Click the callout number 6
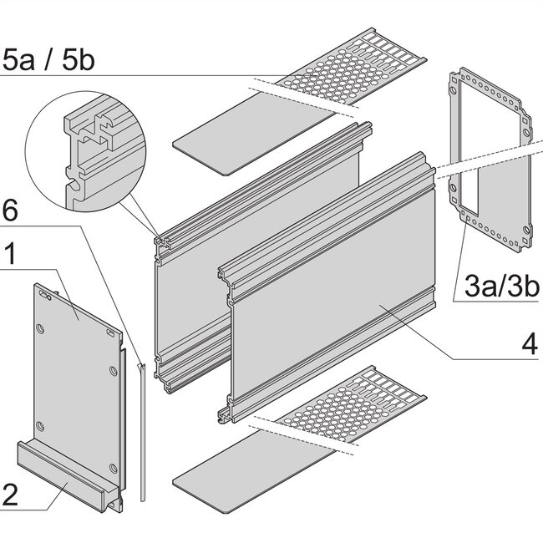[13, 212]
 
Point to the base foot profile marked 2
[67, 468]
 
